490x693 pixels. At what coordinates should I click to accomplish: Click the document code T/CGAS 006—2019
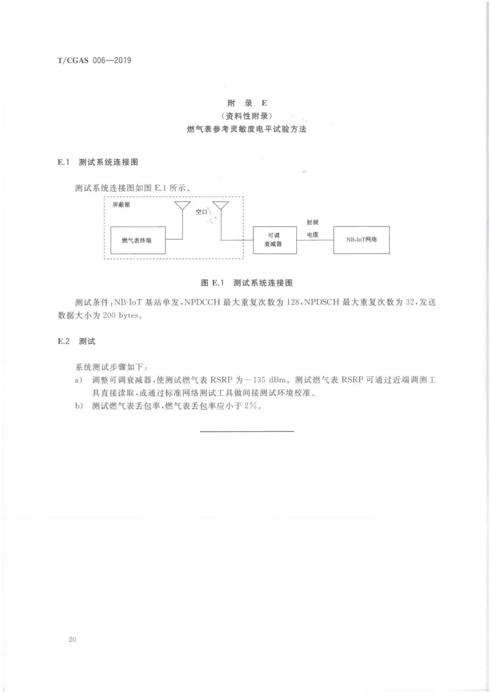coord(94,60)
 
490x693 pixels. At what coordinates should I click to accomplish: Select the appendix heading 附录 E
coord(247,103)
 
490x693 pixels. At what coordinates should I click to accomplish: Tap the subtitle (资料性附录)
coord(247,116)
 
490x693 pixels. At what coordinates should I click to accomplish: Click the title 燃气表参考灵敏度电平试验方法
coord(247,129)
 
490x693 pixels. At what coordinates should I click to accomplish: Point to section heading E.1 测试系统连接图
coord(98,162)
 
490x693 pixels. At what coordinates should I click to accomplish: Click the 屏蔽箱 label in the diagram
coord(121,205)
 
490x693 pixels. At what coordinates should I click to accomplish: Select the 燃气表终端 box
coord(138,240)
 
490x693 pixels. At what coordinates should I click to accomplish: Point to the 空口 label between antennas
coord(201,212)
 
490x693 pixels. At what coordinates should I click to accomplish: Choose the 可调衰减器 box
coord(275,240)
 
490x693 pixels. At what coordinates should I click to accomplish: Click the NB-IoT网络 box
coord(362,240)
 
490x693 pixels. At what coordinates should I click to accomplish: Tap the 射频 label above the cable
coord(313,222)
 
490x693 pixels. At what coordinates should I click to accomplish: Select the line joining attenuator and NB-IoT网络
coord(315,240)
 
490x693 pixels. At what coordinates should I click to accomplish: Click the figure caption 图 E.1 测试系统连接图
coord(247,283)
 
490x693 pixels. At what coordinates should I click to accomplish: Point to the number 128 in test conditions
coord(293,302)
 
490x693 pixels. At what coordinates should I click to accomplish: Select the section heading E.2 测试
coord(76,342)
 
